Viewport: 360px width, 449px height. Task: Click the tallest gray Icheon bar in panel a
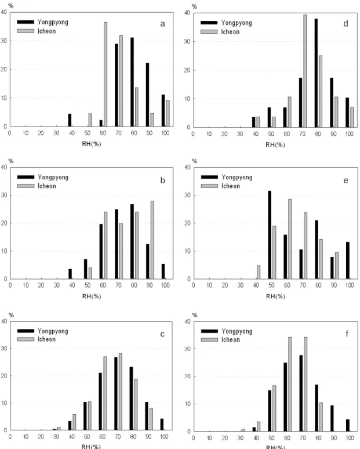(x=106, y=74)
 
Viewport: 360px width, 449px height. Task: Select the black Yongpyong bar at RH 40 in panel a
(x=70, y=120)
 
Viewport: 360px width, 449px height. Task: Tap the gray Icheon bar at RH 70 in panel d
(x=305, y=71)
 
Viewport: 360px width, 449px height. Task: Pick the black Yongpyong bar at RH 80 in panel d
(x=316, y=73)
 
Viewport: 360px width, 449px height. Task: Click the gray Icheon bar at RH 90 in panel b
(x=152, y=240)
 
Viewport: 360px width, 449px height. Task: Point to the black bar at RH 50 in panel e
(x=270, y=235)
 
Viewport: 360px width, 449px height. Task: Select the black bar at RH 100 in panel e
(x=348, y=260)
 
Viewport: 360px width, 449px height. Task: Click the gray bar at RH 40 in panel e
(x=259, y=272)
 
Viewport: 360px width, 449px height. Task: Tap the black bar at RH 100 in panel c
(x=162, y=425)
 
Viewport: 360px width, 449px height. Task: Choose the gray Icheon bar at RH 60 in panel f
(x=290, y=384)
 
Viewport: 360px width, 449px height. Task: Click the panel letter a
(x=162, y=24)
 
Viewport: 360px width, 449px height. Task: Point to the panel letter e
(x=346, y=180)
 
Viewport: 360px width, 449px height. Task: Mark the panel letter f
(x=347, y=334)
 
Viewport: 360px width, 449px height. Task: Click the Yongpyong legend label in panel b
(x=53, y=178)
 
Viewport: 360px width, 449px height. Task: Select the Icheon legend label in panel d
(x=230, y=32)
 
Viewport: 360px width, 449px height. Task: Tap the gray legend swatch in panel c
(x=26, y=339)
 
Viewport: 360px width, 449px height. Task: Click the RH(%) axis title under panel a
(x=92, y=144)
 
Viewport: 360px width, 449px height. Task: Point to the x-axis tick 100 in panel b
(x=165, y=285)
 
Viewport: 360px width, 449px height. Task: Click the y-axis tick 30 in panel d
(x=187, y=42)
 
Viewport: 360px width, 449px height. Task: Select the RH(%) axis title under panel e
(x=275, y=296)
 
